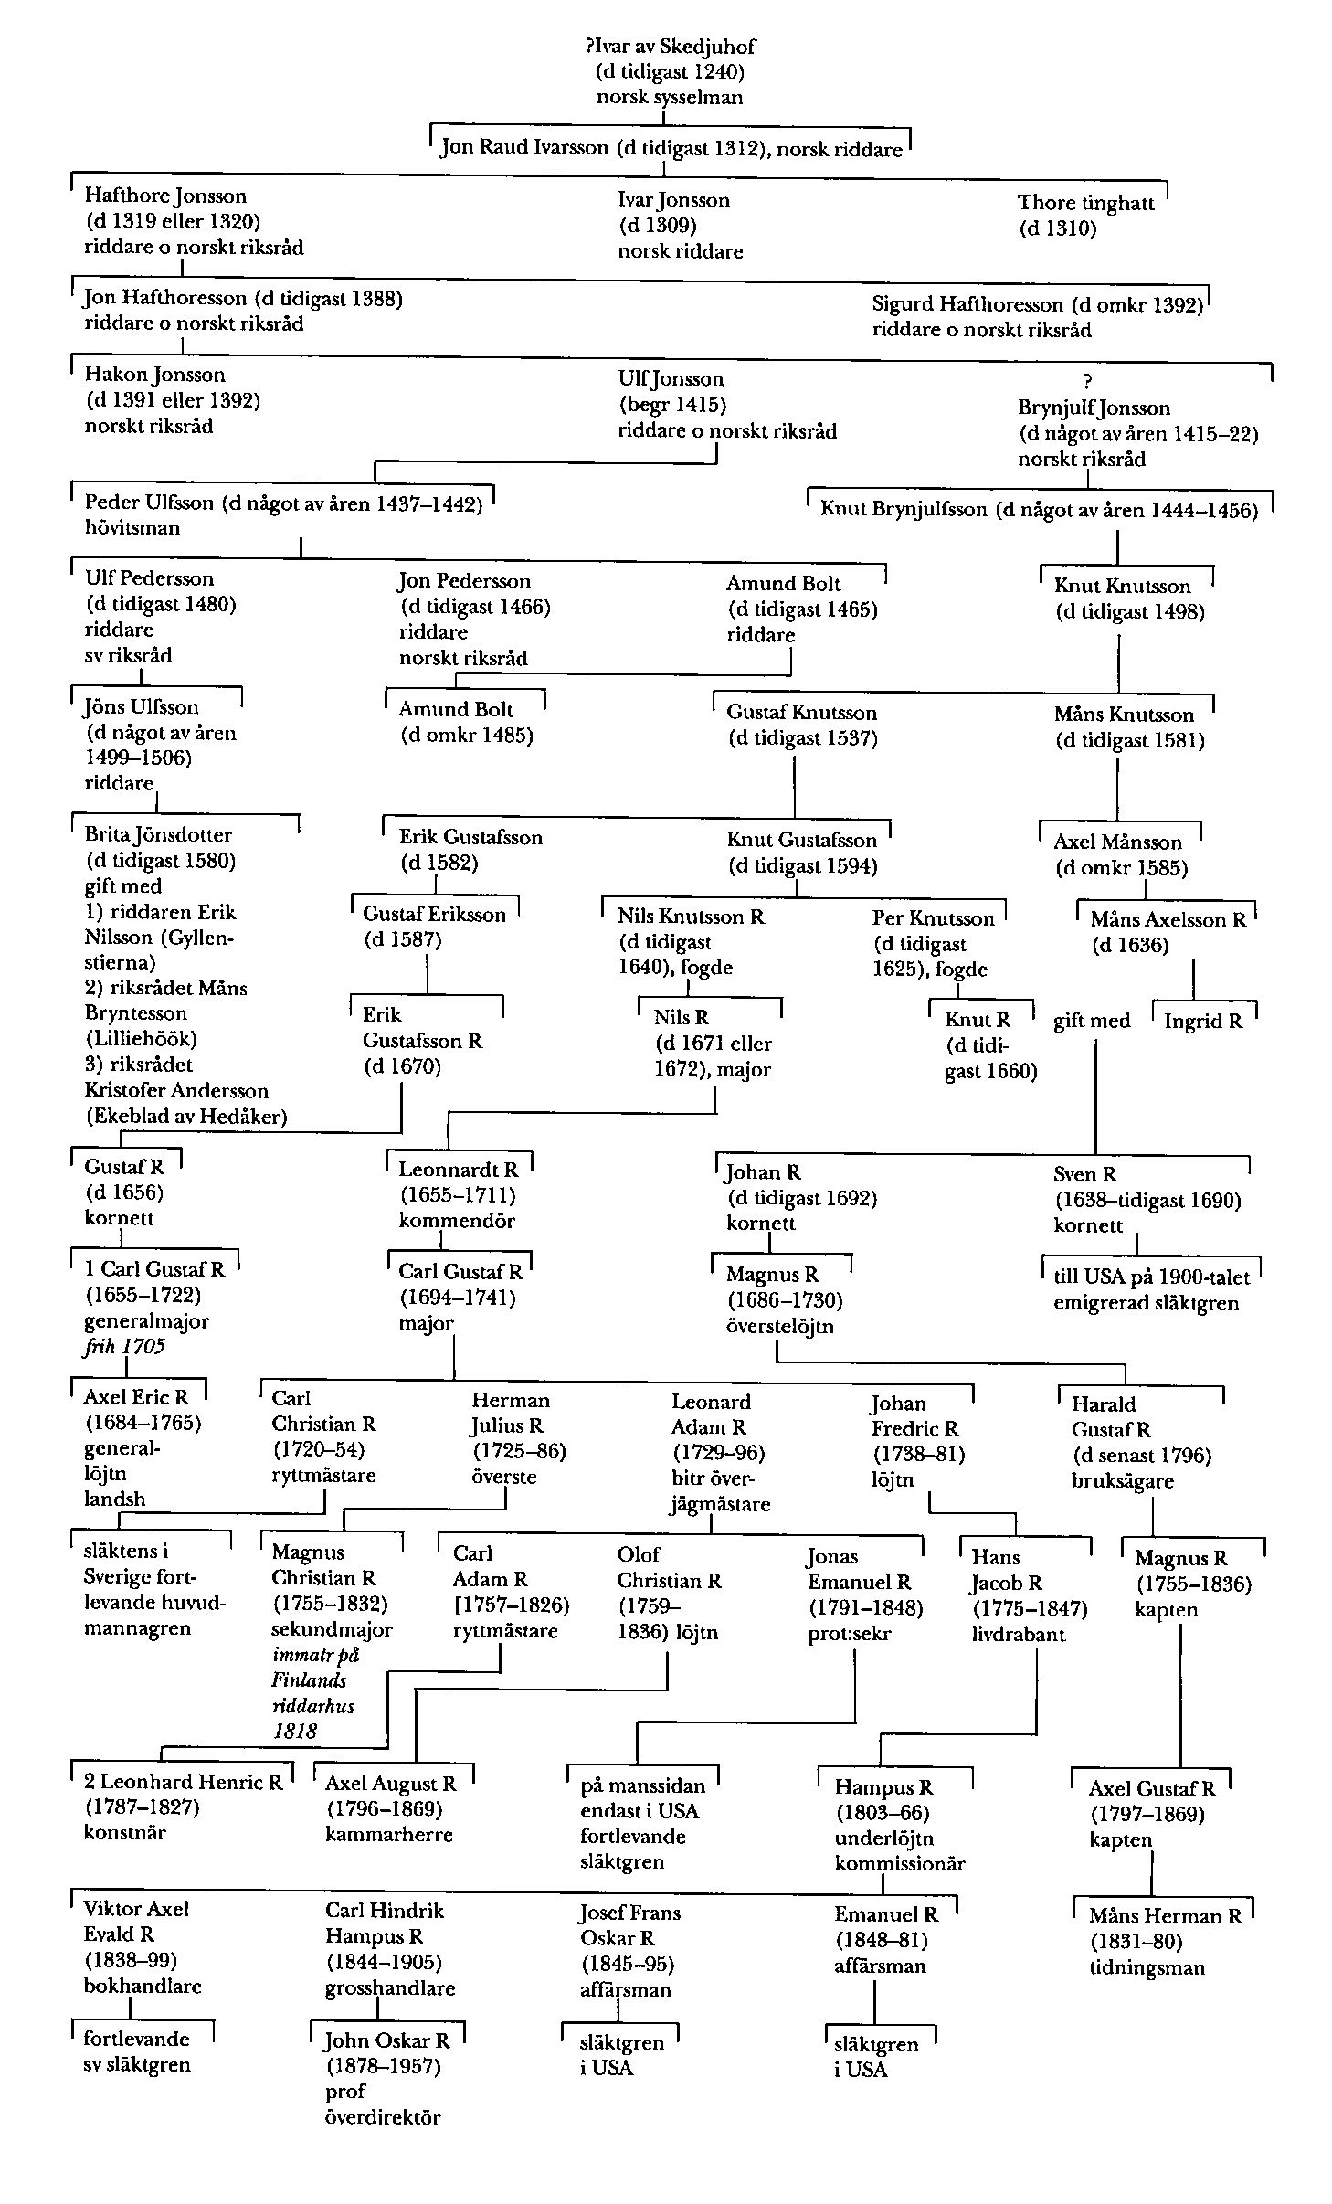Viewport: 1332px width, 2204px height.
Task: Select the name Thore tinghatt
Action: tap(1085, 203)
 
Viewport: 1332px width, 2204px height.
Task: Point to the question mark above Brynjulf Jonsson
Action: tap(1086, 382)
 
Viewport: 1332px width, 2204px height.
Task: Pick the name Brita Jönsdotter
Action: tap(158, 835)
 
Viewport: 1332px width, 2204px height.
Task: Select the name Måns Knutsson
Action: tap(1124, 715)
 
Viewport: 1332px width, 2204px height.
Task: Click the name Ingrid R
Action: tap(1203, 1022)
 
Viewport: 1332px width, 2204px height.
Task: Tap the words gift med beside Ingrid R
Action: tap(1092, 1022)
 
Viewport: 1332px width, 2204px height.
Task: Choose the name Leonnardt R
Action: tap(458, 1169)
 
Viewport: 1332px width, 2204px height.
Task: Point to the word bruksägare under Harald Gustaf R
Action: tap(1123, 1480)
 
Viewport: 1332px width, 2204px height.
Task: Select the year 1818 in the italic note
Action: tap(294, 1731)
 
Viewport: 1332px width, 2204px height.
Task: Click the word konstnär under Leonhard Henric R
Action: tap(125, 1833)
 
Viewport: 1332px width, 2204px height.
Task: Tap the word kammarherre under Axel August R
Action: tap(388, 1834)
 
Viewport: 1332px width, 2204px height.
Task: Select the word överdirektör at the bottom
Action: tap(383, 2117)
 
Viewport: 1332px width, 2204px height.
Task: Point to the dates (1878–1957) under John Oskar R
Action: tap(383, 2066)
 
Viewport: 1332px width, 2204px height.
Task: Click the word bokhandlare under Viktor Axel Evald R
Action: tap(143, 1986)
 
